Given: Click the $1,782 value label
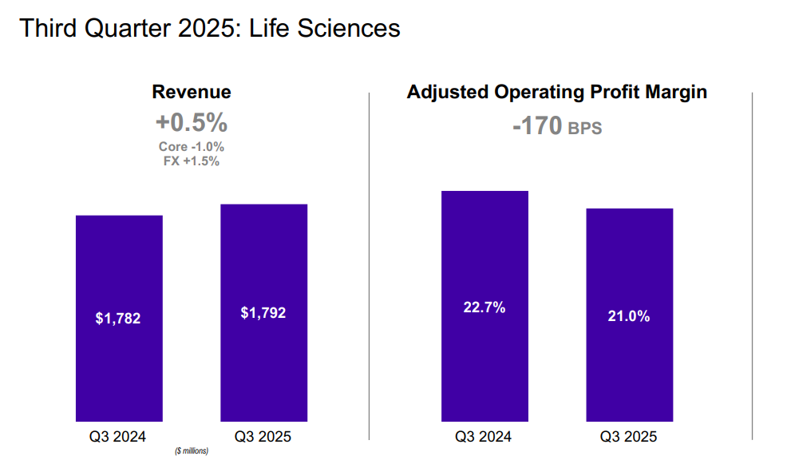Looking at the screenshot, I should pyautogui.click(x=118, y=319).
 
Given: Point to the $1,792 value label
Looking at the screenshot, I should pyautogui.click(x=263, y=313).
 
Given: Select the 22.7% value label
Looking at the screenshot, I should pyautogui.click(x=484, y=307).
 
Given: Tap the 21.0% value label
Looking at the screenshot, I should pyautogui.click(x=629, y=316).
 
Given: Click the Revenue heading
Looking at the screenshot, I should pyautogui.click(x=192, y=92).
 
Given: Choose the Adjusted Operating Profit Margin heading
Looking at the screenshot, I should pyautogui.click(x=557, y=92).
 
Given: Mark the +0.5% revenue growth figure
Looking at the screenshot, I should pyautogui.click(x=192, y=124).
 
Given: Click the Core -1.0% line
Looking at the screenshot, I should pyautogui.click(x=192, y=147).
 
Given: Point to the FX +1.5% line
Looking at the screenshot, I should pyautogui.click(x=192, y=161).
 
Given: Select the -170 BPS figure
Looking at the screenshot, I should pyautogui.click(x=557, y=126).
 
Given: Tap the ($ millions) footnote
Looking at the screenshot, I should pyautogui.click(x=192, y=452).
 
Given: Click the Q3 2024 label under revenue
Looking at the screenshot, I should pyautogui.click(x=118, y=437).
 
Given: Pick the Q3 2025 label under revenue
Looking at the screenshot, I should pyautogui.click(x=263, y=437).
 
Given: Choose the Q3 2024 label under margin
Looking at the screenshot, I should pyautogui.click(x=484, y=437).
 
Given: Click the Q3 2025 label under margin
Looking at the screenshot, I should pyautogui.click(x=629, y=437).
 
